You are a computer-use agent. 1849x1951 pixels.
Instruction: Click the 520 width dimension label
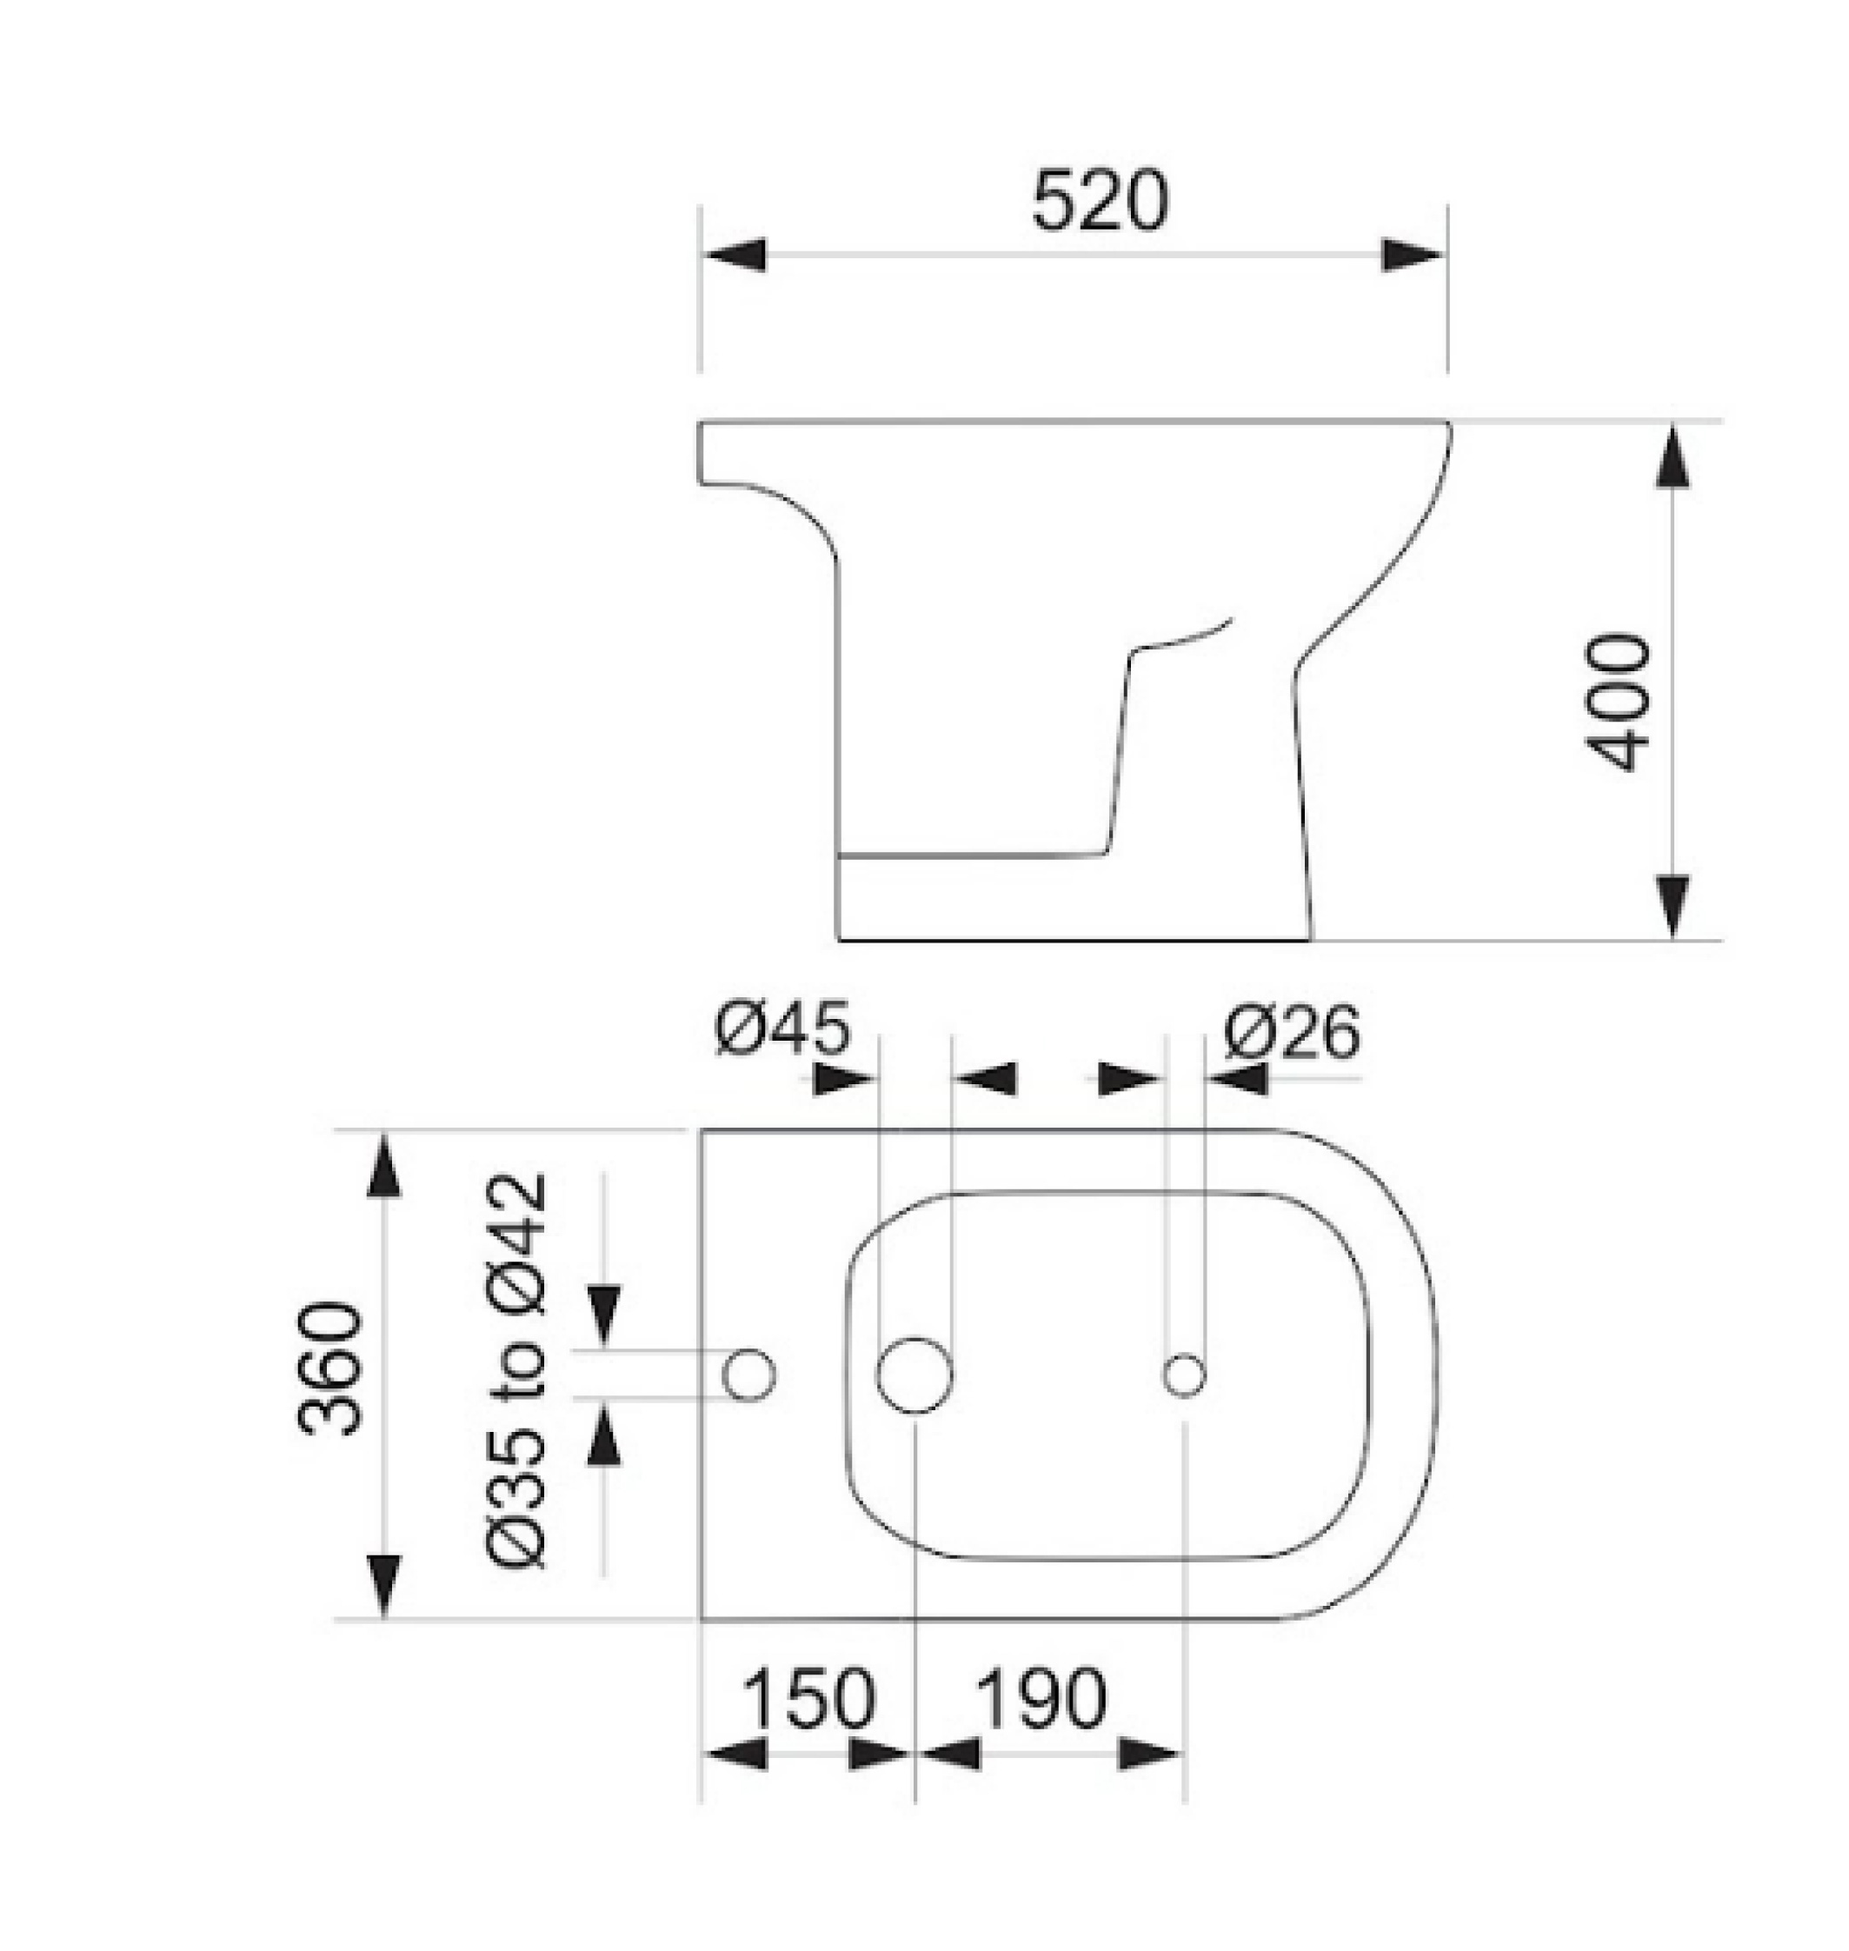click(1099, 202)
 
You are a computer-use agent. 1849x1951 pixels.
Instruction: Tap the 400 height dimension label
click(1615, 701)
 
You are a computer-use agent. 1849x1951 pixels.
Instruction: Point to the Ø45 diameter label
click(782, 1030)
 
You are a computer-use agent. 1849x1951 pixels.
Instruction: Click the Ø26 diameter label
click(1292, 1032)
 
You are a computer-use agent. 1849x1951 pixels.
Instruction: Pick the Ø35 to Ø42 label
click(515, 1370)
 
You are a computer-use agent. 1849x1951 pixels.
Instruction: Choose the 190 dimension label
click(1041, 1699)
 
